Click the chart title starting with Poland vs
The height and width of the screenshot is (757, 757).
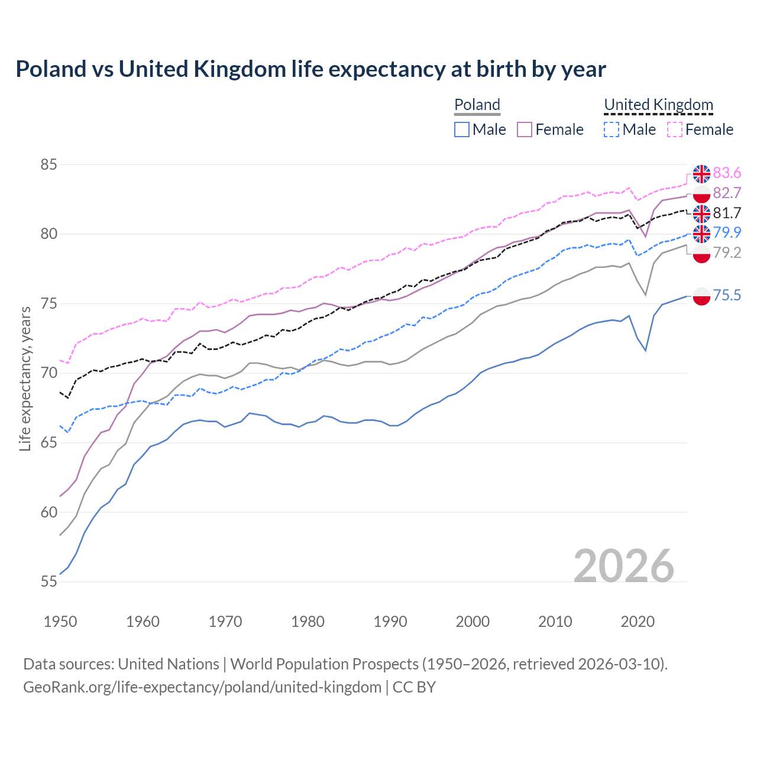click(310, 69)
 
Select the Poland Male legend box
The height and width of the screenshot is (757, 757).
click(462, 130)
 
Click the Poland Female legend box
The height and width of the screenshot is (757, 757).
click(525, 130)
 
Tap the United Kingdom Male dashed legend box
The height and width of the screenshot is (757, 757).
click(612, 130)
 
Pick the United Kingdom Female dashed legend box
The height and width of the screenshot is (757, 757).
click(675, 130)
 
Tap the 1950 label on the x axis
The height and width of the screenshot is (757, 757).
click(60, 622)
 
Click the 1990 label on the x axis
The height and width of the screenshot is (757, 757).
click(390, 622)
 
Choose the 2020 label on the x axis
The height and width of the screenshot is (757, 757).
click(638, 622)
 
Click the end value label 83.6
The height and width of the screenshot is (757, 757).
click(727, 173)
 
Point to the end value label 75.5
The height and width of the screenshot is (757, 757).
click(727, 295)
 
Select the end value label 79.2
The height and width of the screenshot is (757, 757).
click(727, 253)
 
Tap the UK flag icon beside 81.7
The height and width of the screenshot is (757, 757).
click(701, 213)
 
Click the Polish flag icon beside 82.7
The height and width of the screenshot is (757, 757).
click(701, 193)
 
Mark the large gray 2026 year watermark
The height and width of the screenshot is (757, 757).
click(623, 566)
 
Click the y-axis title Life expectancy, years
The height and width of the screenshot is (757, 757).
click(25, 378)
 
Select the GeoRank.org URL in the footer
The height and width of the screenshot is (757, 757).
click(202, 687)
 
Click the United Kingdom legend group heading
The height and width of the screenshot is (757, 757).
click(658, 105)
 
